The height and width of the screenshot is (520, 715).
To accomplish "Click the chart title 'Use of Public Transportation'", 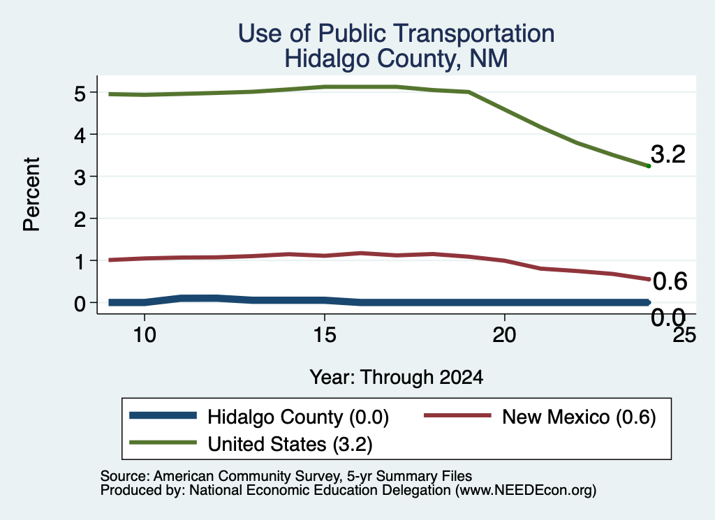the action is (397, 34).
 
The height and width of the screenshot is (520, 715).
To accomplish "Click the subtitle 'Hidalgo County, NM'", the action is (397, 59).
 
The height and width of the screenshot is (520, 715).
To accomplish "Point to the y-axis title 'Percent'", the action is (31, 195).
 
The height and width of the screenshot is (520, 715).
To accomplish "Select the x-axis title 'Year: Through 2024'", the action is (397, 378).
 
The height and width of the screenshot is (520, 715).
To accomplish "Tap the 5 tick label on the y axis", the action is (80, 93).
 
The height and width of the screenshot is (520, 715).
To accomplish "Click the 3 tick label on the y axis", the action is (80, 177).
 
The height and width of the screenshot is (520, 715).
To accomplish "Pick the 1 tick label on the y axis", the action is (80, 261).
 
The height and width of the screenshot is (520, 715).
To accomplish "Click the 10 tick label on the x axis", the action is (145, 336).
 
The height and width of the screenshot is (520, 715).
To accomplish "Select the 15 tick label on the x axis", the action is (325, 336).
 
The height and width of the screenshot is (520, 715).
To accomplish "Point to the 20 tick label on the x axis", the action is (504, 336).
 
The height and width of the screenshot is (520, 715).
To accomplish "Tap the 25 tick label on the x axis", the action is (685, 336).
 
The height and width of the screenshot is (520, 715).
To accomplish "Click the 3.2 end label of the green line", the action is (668, 154).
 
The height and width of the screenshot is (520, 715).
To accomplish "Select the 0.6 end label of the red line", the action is (670, 281).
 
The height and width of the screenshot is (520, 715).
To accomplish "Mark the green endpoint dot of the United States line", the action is (649, 166).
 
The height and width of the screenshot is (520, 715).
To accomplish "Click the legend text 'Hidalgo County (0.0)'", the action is (298, 417).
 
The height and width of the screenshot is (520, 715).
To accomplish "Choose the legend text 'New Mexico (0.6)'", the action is (579, 417).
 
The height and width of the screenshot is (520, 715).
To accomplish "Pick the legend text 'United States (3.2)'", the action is (290, 444).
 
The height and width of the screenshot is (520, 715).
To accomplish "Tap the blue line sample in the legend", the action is (163, 415).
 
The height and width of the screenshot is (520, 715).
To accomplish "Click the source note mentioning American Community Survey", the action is (286, 476).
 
